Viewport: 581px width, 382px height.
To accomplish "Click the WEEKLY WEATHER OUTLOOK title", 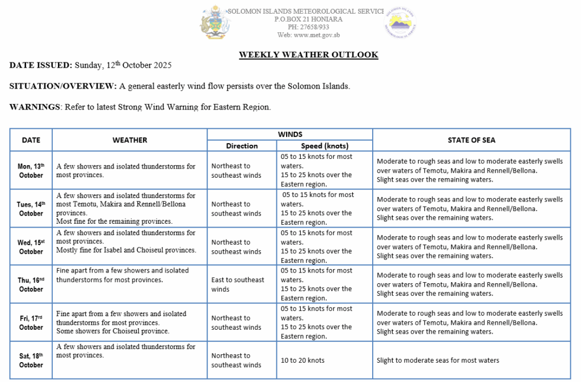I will pos(308,55).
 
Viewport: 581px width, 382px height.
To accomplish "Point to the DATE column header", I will pos(31,140).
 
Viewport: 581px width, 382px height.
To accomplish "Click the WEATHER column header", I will pos(129,140).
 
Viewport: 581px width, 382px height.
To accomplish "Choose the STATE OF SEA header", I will pos(471,140).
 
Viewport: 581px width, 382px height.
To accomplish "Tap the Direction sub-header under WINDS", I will pos(242,146).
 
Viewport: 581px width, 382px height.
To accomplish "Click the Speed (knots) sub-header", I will pos(325,146).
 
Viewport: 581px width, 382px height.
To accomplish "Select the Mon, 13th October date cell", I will pos(31,170).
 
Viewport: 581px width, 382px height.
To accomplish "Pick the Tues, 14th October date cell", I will pos(31,208).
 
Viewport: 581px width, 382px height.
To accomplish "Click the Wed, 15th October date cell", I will pos(31,246).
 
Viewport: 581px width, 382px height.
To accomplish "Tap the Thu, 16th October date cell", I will pos(31,284).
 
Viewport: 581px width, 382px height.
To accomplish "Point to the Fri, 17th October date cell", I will pos(31,322).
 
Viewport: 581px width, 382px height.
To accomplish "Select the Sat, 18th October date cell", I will pos(31,360).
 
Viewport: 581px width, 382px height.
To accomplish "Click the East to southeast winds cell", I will pos(237,284).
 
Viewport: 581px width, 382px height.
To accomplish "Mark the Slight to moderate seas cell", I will pos(437,360).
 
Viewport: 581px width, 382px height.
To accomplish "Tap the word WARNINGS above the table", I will pos(35,107).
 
